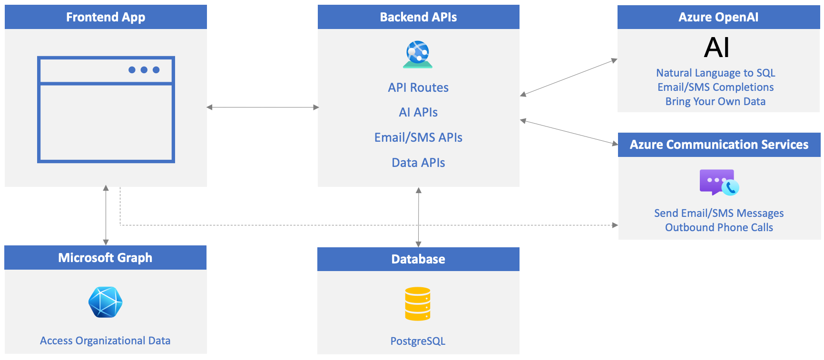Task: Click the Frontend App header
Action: click(x=106, y=17)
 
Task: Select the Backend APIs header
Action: click(x=418, y=17)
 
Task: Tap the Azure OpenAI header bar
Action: click(x=718, y=17)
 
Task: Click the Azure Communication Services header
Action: click(x=719, y=145)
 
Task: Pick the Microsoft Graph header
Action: click(x=105, y=258)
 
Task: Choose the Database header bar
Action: click(x=418, y=259)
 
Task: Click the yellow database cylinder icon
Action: click(x=418, y=304)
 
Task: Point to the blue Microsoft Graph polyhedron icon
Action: click(x=106, y=302)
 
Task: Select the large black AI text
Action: click(x=716, y=48)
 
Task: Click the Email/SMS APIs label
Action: click(x=418, y=137)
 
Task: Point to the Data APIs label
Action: click(x=418, y=163)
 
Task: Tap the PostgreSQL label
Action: click(x=418, y=341)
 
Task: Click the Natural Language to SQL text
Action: click(x=716, y=73)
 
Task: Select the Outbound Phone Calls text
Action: click(x=719, y=227)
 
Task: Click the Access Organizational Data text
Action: click(x=105, y=341)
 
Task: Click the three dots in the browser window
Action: click(x=144, y=70)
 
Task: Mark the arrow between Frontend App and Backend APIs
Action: click(x=263, y=107)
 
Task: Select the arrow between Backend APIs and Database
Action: click(x=419, y=217)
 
